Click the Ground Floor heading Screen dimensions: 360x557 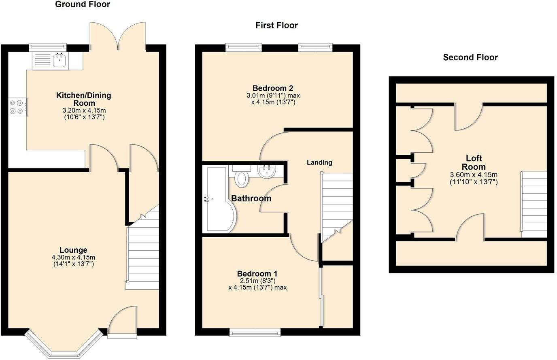coord(83,4)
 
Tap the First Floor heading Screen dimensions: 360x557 coord(276,26)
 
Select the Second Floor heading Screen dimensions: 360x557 coord(470,58)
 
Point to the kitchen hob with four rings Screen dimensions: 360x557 coord(17,107)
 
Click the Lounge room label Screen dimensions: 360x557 coord(73,250)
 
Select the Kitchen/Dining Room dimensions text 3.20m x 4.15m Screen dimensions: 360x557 coord(83,111)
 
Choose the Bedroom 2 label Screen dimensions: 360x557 coord(273,88)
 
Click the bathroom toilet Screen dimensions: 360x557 coord(242,178)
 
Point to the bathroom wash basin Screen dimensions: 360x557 coord(267,171)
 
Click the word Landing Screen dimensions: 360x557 coord(319,162)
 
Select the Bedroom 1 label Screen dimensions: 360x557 coord(257,274)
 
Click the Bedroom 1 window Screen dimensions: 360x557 coord(255,332)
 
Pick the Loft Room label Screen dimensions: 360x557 coord(474,162)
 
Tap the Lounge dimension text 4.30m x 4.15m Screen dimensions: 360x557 coord(73,258)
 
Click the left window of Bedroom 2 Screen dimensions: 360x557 coord(244,48)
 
